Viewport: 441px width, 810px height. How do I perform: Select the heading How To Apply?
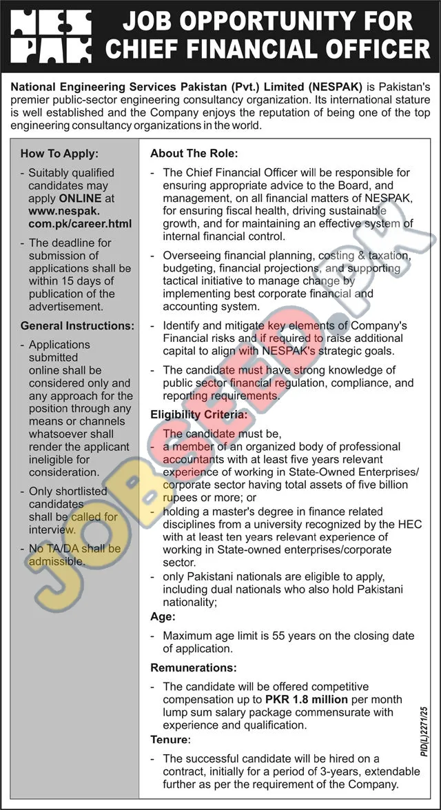59,154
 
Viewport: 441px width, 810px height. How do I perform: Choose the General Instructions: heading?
77,325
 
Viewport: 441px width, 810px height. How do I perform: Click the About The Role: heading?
194,154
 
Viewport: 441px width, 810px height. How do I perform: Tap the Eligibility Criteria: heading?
199,415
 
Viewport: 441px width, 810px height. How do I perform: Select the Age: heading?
163,617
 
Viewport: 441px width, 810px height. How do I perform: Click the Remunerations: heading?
194,668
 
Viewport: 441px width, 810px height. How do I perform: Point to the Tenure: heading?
170,740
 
